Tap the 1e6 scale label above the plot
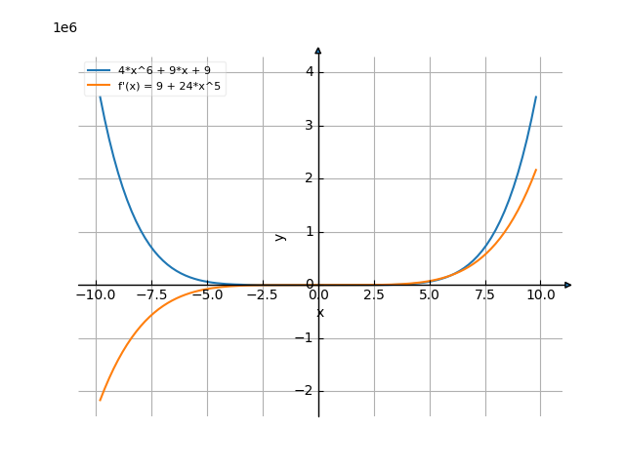[64, 27]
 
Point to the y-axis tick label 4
[308, 71]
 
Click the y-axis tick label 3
[308, 125]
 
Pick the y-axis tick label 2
[308, 178]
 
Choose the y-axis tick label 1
[308, 231]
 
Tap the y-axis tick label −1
[305, 337]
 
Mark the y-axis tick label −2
[305, 391]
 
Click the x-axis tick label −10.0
[95, 294]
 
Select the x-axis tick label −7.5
[150, 294]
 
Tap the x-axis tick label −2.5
[261, 294]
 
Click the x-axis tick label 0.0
[318, 294]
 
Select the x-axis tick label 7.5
[485, 294]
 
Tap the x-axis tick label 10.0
[541, 294]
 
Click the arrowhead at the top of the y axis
[318, 51]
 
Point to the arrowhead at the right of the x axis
[567, 285]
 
